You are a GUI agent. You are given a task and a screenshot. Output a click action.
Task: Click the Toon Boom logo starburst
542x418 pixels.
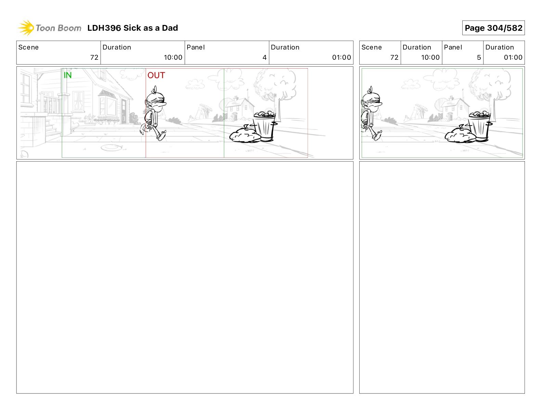coord(26,28)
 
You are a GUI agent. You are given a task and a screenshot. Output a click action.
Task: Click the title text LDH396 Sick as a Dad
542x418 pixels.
coord(132,28)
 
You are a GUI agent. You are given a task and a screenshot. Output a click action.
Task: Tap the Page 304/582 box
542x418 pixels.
coord(493,28)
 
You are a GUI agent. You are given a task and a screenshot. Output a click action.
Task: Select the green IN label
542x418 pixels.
coord(68,75)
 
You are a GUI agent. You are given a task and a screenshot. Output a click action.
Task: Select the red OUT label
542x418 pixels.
coord(156,75)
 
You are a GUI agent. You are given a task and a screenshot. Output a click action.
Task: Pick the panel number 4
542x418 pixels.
coord(264,57)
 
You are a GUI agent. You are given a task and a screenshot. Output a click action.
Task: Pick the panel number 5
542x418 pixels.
coord(479,57)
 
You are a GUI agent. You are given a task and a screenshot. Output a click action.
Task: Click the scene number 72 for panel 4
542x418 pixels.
coord(94,57)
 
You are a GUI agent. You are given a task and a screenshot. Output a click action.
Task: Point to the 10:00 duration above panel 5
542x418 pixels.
coord(430,57)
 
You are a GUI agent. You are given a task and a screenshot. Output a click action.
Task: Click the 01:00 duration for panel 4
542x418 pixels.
coord(341,57)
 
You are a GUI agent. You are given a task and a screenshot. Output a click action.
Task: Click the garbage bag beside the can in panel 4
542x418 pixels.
coord(244,135)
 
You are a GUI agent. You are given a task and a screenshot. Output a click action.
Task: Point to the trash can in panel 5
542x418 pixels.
coord(479,126)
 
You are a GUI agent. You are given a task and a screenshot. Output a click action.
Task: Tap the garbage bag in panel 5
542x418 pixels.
coord(460,135)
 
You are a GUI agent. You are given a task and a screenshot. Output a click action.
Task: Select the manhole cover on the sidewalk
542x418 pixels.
coord(111,148)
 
